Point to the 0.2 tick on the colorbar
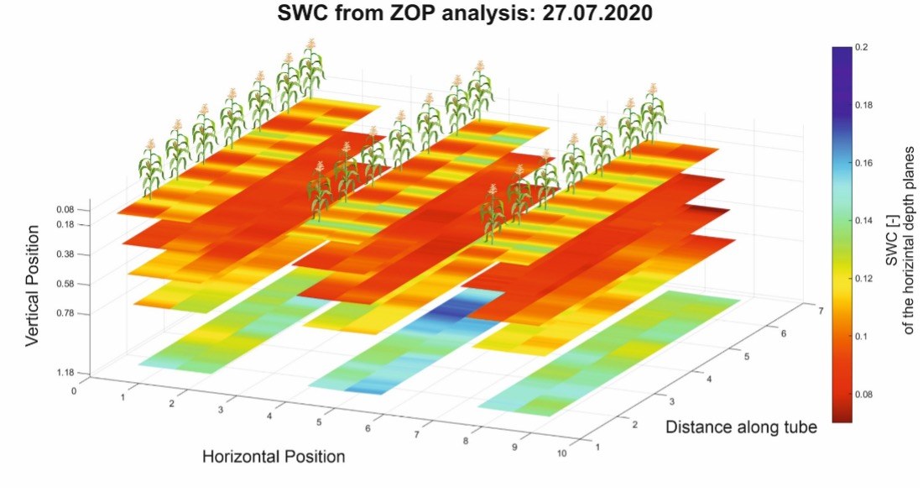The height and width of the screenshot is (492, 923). pos(863,48)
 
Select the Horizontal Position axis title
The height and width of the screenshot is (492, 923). pos(274,457)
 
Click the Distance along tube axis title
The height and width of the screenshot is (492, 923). pos(741,427)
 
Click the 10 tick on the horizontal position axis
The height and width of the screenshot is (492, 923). pos(561,453)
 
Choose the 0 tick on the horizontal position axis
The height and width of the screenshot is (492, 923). pos(75,391)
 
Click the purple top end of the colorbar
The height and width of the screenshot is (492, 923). pos(842,52)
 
